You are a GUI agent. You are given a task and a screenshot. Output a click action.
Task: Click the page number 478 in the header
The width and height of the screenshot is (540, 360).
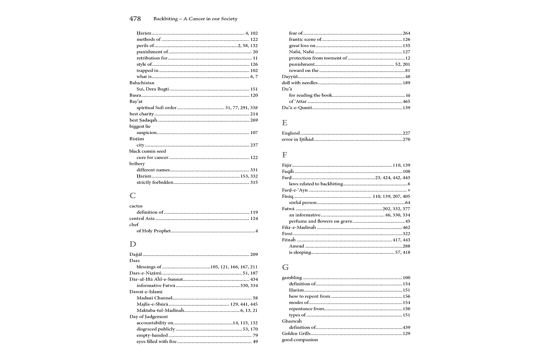click(135, 19)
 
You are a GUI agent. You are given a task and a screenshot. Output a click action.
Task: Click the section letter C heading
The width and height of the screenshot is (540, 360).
click(132, 195)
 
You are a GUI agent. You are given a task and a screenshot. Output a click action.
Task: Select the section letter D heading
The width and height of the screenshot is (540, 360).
click(133, 244)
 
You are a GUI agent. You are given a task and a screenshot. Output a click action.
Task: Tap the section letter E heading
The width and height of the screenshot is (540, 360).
click(284, 123)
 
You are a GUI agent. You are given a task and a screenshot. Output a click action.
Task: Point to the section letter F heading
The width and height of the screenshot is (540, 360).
click(284, 155)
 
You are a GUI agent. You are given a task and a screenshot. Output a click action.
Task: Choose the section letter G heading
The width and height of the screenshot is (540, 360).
click(285, 267)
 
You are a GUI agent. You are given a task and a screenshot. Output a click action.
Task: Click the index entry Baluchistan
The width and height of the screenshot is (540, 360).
click(142, 83)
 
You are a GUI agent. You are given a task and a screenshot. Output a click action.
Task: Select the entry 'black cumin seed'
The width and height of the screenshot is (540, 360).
click(148, 151)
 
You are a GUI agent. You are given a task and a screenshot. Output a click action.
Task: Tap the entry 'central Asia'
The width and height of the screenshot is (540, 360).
click(142, 219)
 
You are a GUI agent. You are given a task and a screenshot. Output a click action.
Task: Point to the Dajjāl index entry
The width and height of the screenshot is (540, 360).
click(136, 255)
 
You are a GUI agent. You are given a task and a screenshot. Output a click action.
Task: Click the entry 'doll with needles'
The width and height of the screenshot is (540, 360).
click(300, 83)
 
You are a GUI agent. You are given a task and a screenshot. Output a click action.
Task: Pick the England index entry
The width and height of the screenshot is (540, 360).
click(291, 133)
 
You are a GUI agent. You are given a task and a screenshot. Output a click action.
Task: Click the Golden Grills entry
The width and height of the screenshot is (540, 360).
click(296, 334)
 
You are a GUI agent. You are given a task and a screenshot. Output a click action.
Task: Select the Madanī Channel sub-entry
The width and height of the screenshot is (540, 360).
click(154, 298)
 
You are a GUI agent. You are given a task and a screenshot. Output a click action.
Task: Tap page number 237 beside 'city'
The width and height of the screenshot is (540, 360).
click(254, 145)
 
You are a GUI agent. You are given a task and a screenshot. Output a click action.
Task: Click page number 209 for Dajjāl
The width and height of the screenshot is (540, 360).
click(254, 255)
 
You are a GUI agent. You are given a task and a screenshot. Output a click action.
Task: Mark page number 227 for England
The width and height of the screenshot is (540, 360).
click(406, 133)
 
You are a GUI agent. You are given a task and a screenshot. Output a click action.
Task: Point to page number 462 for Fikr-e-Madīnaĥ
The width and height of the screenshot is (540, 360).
click(406, 228)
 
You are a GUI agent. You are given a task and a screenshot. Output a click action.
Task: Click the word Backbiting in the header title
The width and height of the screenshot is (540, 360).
click(165, 19)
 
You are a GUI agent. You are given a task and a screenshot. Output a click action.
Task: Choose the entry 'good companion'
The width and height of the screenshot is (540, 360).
click(300, 340)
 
